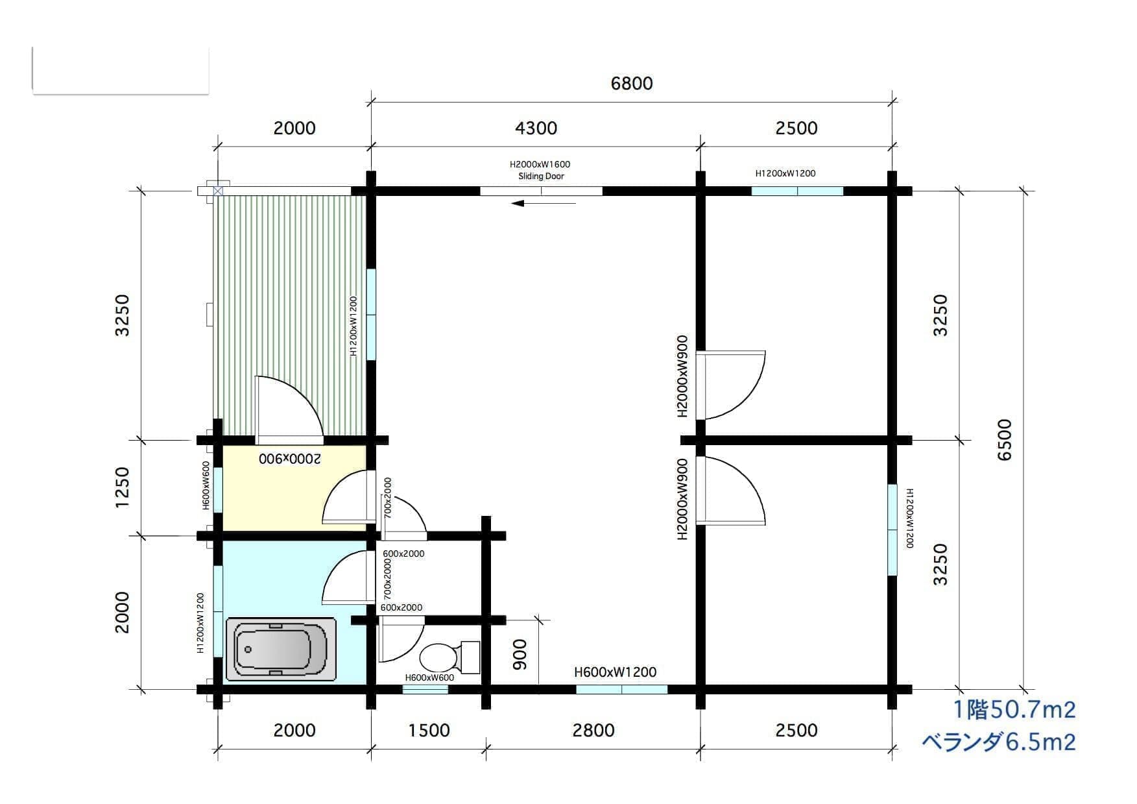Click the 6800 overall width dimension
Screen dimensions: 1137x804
[632, 83]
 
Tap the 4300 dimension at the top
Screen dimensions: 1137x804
[536, 128]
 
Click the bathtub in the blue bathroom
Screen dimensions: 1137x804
[281, 649]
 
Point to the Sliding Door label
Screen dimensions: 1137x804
[541, 176]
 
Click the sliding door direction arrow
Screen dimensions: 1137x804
[544, 203]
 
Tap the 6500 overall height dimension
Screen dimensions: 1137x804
[1003, 440]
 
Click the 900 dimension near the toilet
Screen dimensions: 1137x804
[520, 654]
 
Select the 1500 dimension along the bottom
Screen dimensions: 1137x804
[429, 730]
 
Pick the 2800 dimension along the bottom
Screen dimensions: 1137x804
[593, 730]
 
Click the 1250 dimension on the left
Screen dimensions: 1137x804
[122, 487]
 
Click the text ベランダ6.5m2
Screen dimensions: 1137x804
[999, 741]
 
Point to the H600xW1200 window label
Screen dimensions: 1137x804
[615, 672]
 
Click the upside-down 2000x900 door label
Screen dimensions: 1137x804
[290, 459]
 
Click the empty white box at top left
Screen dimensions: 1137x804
[120, 70]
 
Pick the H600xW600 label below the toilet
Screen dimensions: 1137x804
[429, 677]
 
